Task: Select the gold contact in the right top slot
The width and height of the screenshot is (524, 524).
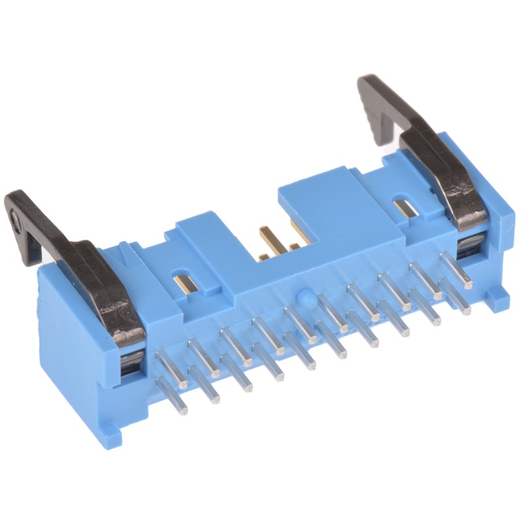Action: (x=405, y=208)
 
